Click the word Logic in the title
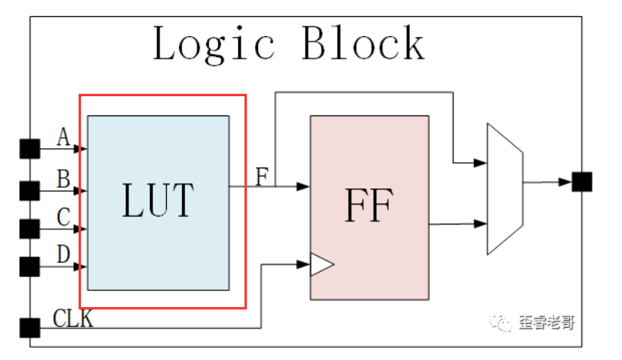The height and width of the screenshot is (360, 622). pos(214,43)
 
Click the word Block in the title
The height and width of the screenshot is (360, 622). pos(363,42)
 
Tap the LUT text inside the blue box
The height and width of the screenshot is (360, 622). pos(158,200)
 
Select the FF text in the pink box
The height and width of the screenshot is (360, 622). pos(370,205)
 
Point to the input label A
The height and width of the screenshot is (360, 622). pos(63,137)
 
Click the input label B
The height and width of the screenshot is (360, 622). pos(63,179)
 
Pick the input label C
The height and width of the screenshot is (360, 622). pos(63,217)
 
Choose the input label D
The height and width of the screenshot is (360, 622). pos(63,254)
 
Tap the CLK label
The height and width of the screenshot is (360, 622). pos(73,318)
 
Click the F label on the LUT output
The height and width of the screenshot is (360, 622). pos(262,176)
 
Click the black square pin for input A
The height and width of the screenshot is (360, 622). pos(30,149)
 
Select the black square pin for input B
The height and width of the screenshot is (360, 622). pos(30,191)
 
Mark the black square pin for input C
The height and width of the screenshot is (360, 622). pos(30,229)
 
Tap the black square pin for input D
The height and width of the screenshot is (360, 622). pos(30,267)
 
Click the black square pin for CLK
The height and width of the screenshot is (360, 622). pos(30,328)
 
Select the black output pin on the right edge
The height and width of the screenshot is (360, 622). pos(582,182)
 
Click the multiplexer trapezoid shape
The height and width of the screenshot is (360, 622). pos(505,189)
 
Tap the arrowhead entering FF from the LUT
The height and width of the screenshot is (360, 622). pos(303,186)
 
